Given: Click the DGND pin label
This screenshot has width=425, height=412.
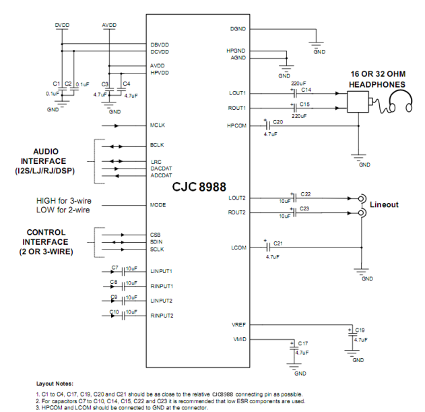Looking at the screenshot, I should (x=238, y=30).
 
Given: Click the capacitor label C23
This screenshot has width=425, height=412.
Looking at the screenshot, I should (x=305, y=209).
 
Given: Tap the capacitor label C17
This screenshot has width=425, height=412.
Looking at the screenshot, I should (x=303, y=343).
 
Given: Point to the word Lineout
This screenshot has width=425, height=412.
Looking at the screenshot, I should (x=385, y=204).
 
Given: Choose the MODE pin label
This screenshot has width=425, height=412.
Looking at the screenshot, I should (x=158, y=205).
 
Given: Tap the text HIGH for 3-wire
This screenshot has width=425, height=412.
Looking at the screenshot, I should (x=65, y=201).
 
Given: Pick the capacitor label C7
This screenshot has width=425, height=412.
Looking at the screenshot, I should (x=115, y=267).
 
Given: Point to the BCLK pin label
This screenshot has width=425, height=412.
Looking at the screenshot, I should (x=157, y=145).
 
